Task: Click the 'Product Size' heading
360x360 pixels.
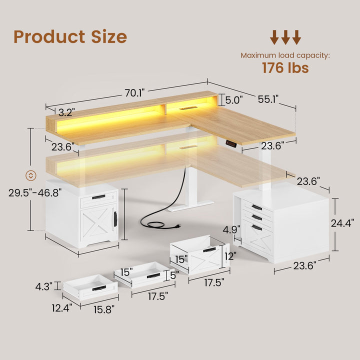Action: [70, 36]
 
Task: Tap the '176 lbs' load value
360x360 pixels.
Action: [285, 68]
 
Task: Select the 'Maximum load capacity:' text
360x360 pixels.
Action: [285, 55]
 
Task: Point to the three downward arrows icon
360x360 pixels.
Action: [285, 37]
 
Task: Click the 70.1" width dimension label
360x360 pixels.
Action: [135, 92]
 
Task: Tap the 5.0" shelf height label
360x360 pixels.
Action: [233, 100]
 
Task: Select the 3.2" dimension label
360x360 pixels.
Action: [66, 111]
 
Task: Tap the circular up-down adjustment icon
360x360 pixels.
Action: [30, 175]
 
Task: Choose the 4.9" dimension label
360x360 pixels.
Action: [232, 229]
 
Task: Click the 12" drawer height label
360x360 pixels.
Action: [230, 255]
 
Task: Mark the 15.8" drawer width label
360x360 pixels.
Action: [102, 309]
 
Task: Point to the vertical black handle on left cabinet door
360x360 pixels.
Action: [115, 218]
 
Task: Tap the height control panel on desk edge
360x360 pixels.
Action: [231, 144]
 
